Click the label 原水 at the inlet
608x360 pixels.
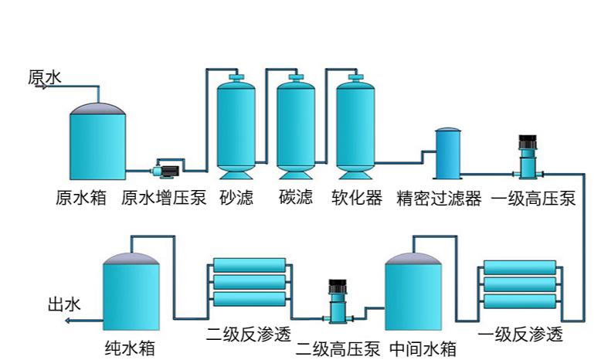[44, 77]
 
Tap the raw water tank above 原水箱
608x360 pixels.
[98, 143]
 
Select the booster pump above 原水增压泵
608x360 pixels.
[165, 168]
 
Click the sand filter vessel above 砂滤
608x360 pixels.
[236, 124]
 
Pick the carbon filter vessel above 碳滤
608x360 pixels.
[295, 124]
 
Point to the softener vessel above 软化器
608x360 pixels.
[355, 124]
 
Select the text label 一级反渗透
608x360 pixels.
[520, 335]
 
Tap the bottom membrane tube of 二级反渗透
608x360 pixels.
[249, 299]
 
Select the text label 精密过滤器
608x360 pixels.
[438, 199]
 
